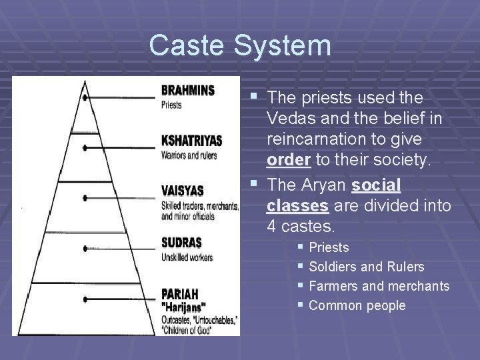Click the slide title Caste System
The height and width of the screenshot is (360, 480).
tap(240, 46)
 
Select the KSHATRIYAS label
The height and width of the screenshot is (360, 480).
tap(191, 141)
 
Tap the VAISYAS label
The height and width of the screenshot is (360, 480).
tap(182, 191)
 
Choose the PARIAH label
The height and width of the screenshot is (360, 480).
tap(179, 292)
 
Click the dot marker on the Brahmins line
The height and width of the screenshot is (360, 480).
tap(85, 97)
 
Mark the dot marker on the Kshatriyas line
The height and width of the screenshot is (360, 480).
tap(85, 147)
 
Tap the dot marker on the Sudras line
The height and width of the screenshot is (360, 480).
tap(85, 248)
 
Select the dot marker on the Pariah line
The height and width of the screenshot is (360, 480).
tap(85, 298)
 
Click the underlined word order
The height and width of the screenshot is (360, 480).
tap(287, 161)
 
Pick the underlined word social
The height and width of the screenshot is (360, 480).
tap(377, 184)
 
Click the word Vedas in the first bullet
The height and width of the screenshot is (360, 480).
tap(287, 118)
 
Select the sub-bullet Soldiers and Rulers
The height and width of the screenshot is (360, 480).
tap(367, 267)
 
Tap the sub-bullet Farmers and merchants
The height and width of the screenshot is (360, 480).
tap(379, 286)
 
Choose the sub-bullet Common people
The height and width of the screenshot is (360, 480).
tap(357, 305)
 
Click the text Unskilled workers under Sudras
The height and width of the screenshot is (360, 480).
tap(187, 257)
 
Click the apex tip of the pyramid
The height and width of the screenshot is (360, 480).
tap(85, 81)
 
